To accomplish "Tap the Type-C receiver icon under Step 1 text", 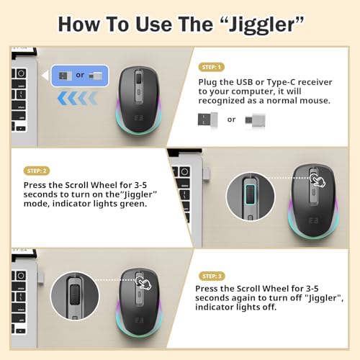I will tap(252, 119).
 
